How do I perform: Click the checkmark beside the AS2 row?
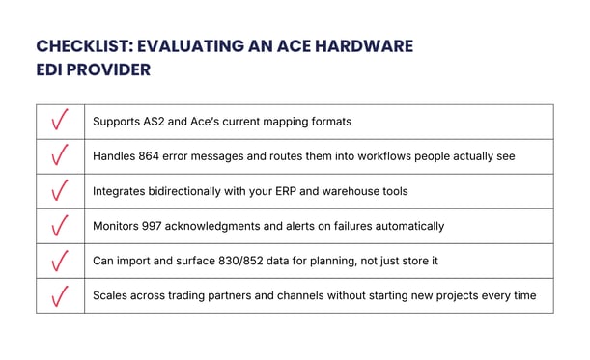pyautogui.click(x=60, y=122)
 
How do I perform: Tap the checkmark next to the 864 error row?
pyautogui.click(x=60, y=156)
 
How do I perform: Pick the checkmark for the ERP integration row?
pyautogui.click(x=60, y=191)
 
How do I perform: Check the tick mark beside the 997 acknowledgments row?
pyautogui.click(x=60, y=226)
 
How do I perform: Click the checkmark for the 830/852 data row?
pyautogui.click(x=60, y=261)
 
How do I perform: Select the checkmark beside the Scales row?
pyautogui.click(x=60, y=295)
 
